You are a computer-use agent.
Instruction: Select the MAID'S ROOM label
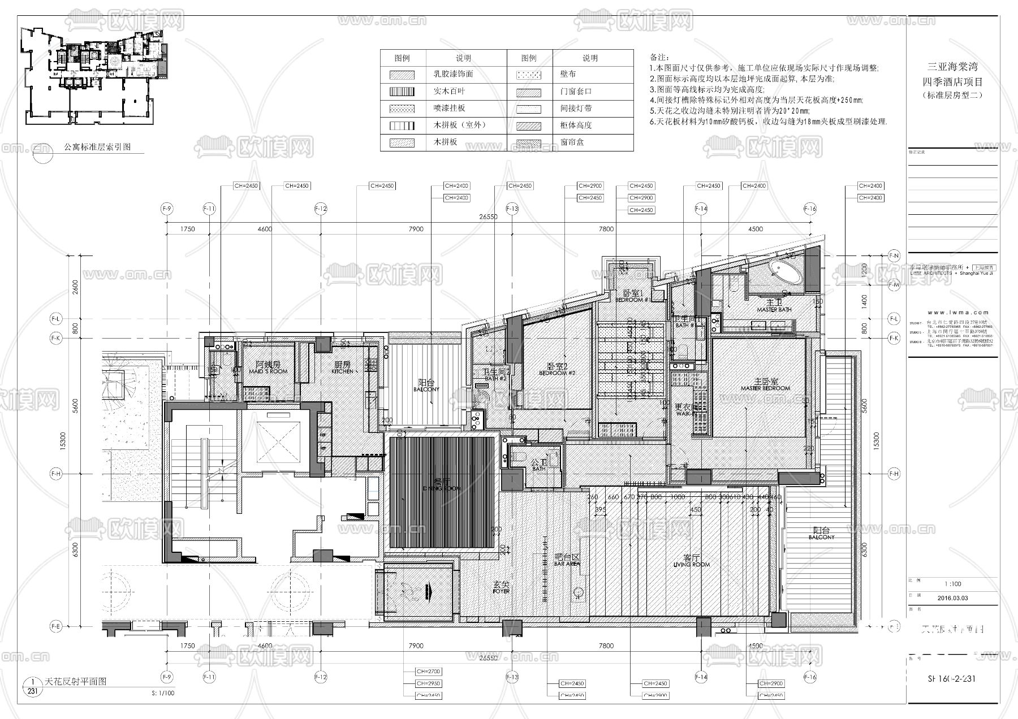[268, 368]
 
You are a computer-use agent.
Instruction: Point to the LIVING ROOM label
[691, 561]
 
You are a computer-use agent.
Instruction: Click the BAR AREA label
[567, 560]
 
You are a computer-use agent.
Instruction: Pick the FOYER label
[501, 587]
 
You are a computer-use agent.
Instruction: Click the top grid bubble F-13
[512, 209]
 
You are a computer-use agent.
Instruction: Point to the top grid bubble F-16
[810, 209]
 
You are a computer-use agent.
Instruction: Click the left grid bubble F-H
[55, 474]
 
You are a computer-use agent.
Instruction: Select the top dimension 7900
[416, 229]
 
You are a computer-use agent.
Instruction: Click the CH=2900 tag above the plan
[591, 185]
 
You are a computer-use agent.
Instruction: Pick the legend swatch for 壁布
[529, 74]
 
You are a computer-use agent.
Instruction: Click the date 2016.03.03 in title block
[952, 597]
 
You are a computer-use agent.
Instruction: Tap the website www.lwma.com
[953, 312]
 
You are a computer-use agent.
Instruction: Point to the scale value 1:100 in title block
[953, 584]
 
